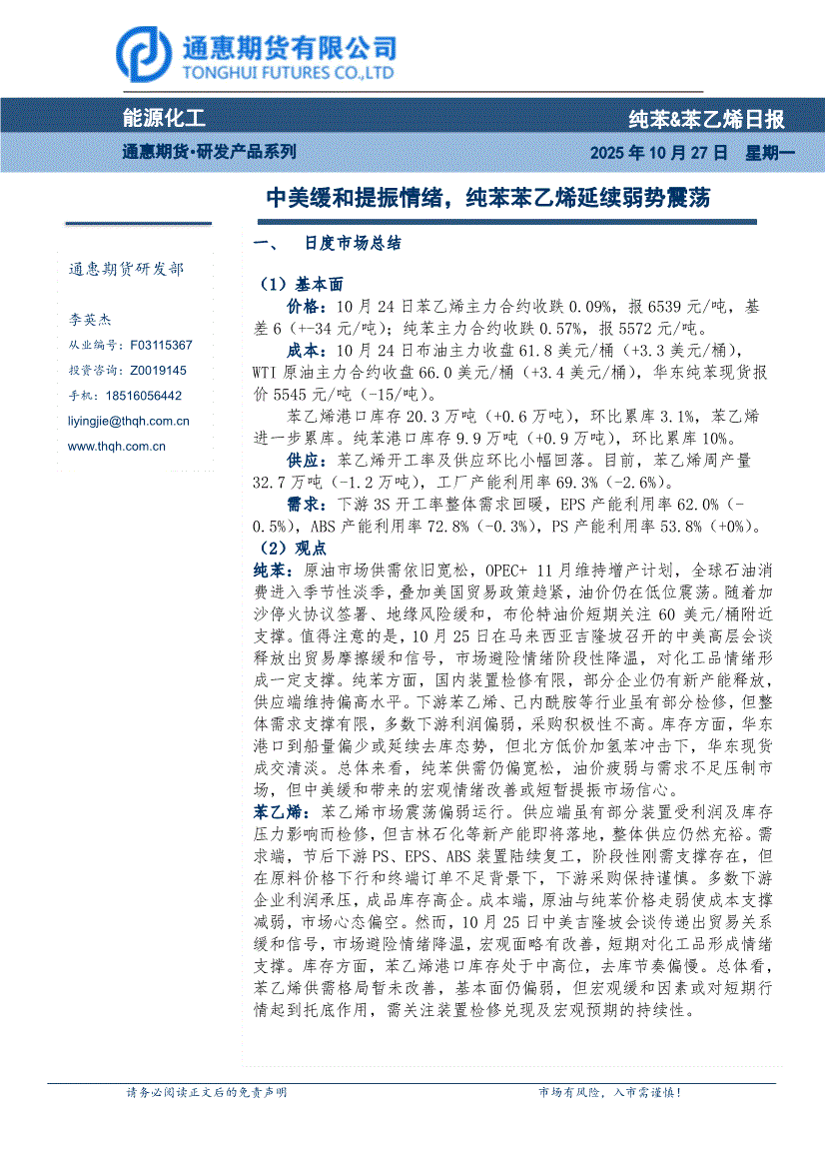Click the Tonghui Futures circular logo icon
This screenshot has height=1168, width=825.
click(x=143, y=55)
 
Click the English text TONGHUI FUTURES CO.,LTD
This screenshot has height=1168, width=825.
click(x=287, y=73)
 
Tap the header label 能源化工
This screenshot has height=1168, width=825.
click(x=164, y=119)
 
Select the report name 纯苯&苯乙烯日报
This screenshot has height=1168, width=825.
click(x=706, y=120)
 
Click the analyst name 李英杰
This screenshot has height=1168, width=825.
click(x=90, y=320)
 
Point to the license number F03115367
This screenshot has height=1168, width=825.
click(x=161, y=345)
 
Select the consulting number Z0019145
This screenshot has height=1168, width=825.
click(x=158, y=370)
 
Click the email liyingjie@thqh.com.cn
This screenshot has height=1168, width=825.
click(x=128, y=422)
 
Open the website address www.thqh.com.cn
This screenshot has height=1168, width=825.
click(x=116, y=447)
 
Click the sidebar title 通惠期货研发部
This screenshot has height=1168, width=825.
click(x=126, y=269)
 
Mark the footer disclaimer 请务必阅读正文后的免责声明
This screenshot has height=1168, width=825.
click(x=207, y=1092)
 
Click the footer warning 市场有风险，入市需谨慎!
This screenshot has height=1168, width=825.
click(x=609, y=1092)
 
